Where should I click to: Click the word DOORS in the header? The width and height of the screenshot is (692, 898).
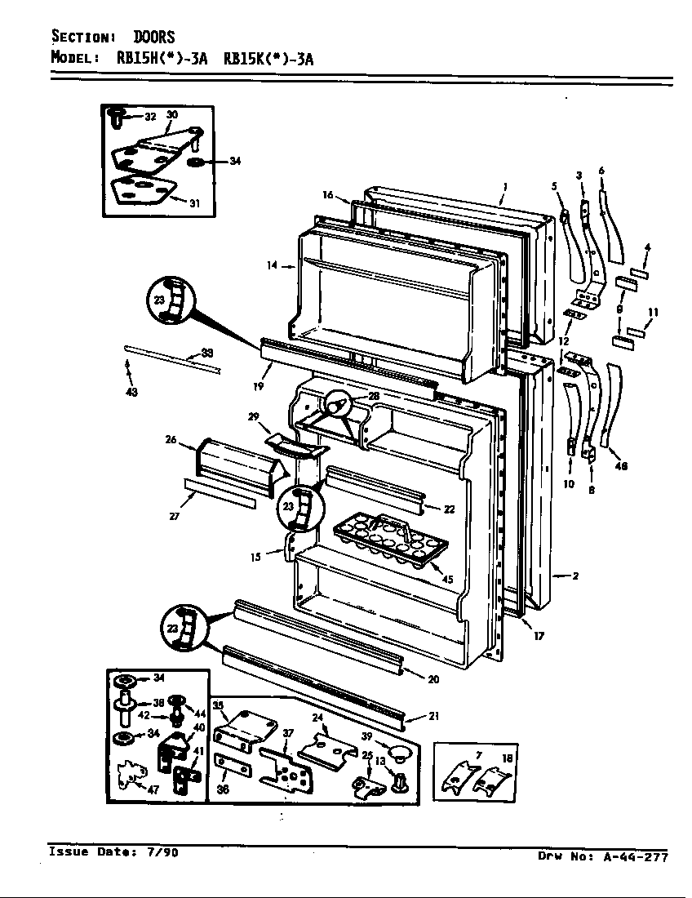tap(154, 38)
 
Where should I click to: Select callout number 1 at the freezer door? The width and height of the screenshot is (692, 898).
tap(504, 187)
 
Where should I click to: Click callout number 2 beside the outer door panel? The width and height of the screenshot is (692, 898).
tap(575, 576)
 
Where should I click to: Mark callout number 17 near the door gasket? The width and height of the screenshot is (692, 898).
tap(539, 636)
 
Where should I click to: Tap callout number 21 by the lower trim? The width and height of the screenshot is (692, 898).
tap(433, 717)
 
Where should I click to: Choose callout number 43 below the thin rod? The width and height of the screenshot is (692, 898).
tap(131, 393)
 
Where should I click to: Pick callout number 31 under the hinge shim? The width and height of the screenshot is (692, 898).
tap(194, 203)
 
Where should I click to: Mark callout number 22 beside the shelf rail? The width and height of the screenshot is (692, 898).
tap(448, 509)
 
